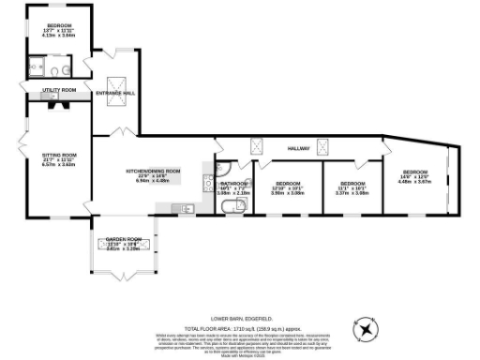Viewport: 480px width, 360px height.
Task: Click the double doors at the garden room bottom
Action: pyautogui.click(x=124, y=277)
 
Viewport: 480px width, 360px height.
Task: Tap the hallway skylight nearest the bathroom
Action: pyautogui.click(x=256, y=145)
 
